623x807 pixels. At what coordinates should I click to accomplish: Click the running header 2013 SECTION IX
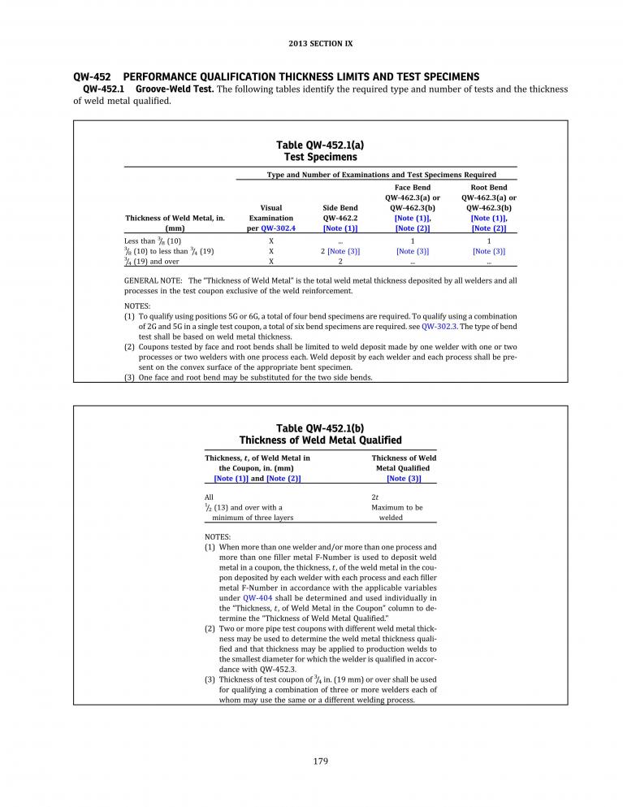(319, 43)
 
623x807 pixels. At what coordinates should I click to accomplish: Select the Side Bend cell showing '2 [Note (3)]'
(340, 251)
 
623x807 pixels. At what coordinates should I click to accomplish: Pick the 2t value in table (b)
(374, 496)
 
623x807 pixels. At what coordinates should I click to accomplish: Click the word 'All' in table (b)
(209, 496)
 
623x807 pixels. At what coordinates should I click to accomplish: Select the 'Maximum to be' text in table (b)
(396, 507)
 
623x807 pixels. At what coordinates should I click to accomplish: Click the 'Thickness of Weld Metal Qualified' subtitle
(320, 440)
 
